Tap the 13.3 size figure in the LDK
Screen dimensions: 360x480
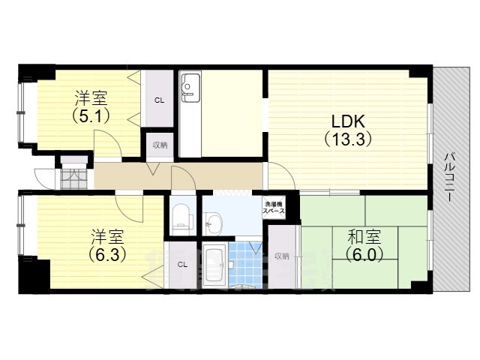coord(348,139)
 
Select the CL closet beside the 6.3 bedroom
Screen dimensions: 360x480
coord(182,264)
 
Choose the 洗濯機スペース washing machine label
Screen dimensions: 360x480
coord(272,208)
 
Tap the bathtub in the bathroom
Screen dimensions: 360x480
coord(214,265)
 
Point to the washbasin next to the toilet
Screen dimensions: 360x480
coord(213,221)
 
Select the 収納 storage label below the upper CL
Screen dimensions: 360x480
coord(160,145)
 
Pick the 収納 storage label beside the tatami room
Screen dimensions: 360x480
coord(281,256)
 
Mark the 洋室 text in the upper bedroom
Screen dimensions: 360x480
coord(91,98)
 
